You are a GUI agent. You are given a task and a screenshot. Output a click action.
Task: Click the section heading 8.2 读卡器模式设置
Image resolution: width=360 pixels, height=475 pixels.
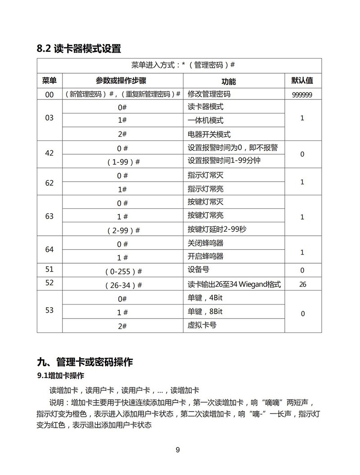coord(79,49)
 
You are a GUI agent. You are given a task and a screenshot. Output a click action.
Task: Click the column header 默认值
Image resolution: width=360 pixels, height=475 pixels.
coord(302,81)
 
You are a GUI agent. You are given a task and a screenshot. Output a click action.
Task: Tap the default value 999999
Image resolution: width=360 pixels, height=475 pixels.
coord(302,95)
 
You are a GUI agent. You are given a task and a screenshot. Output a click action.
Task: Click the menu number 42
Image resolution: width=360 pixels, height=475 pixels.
coord(49,153)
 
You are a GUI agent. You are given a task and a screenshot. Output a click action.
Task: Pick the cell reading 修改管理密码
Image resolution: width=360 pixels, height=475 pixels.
coord(209,94)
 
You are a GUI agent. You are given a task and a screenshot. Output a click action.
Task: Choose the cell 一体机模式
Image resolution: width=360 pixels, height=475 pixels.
coord(205,121)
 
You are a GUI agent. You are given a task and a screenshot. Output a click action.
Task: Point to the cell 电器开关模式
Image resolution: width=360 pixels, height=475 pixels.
coord(209,134)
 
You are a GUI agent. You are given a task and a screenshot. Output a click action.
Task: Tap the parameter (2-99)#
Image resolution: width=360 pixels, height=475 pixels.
coord(122,230)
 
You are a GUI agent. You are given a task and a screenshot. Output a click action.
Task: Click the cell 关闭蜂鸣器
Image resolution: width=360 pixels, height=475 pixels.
coord(205,243)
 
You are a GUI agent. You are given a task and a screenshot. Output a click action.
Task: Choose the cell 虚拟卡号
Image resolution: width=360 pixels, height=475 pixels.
coord(202,325)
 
